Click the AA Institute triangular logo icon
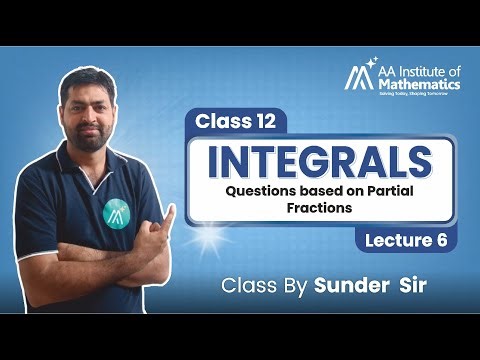[x=357, y=77]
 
